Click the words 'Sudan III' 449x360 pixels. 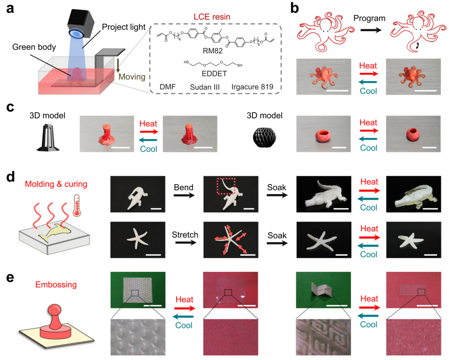[204, 87]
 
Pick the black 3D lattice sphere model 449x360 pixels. [267, 135]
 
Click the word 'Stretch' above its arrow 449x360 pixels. [185, 235]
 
